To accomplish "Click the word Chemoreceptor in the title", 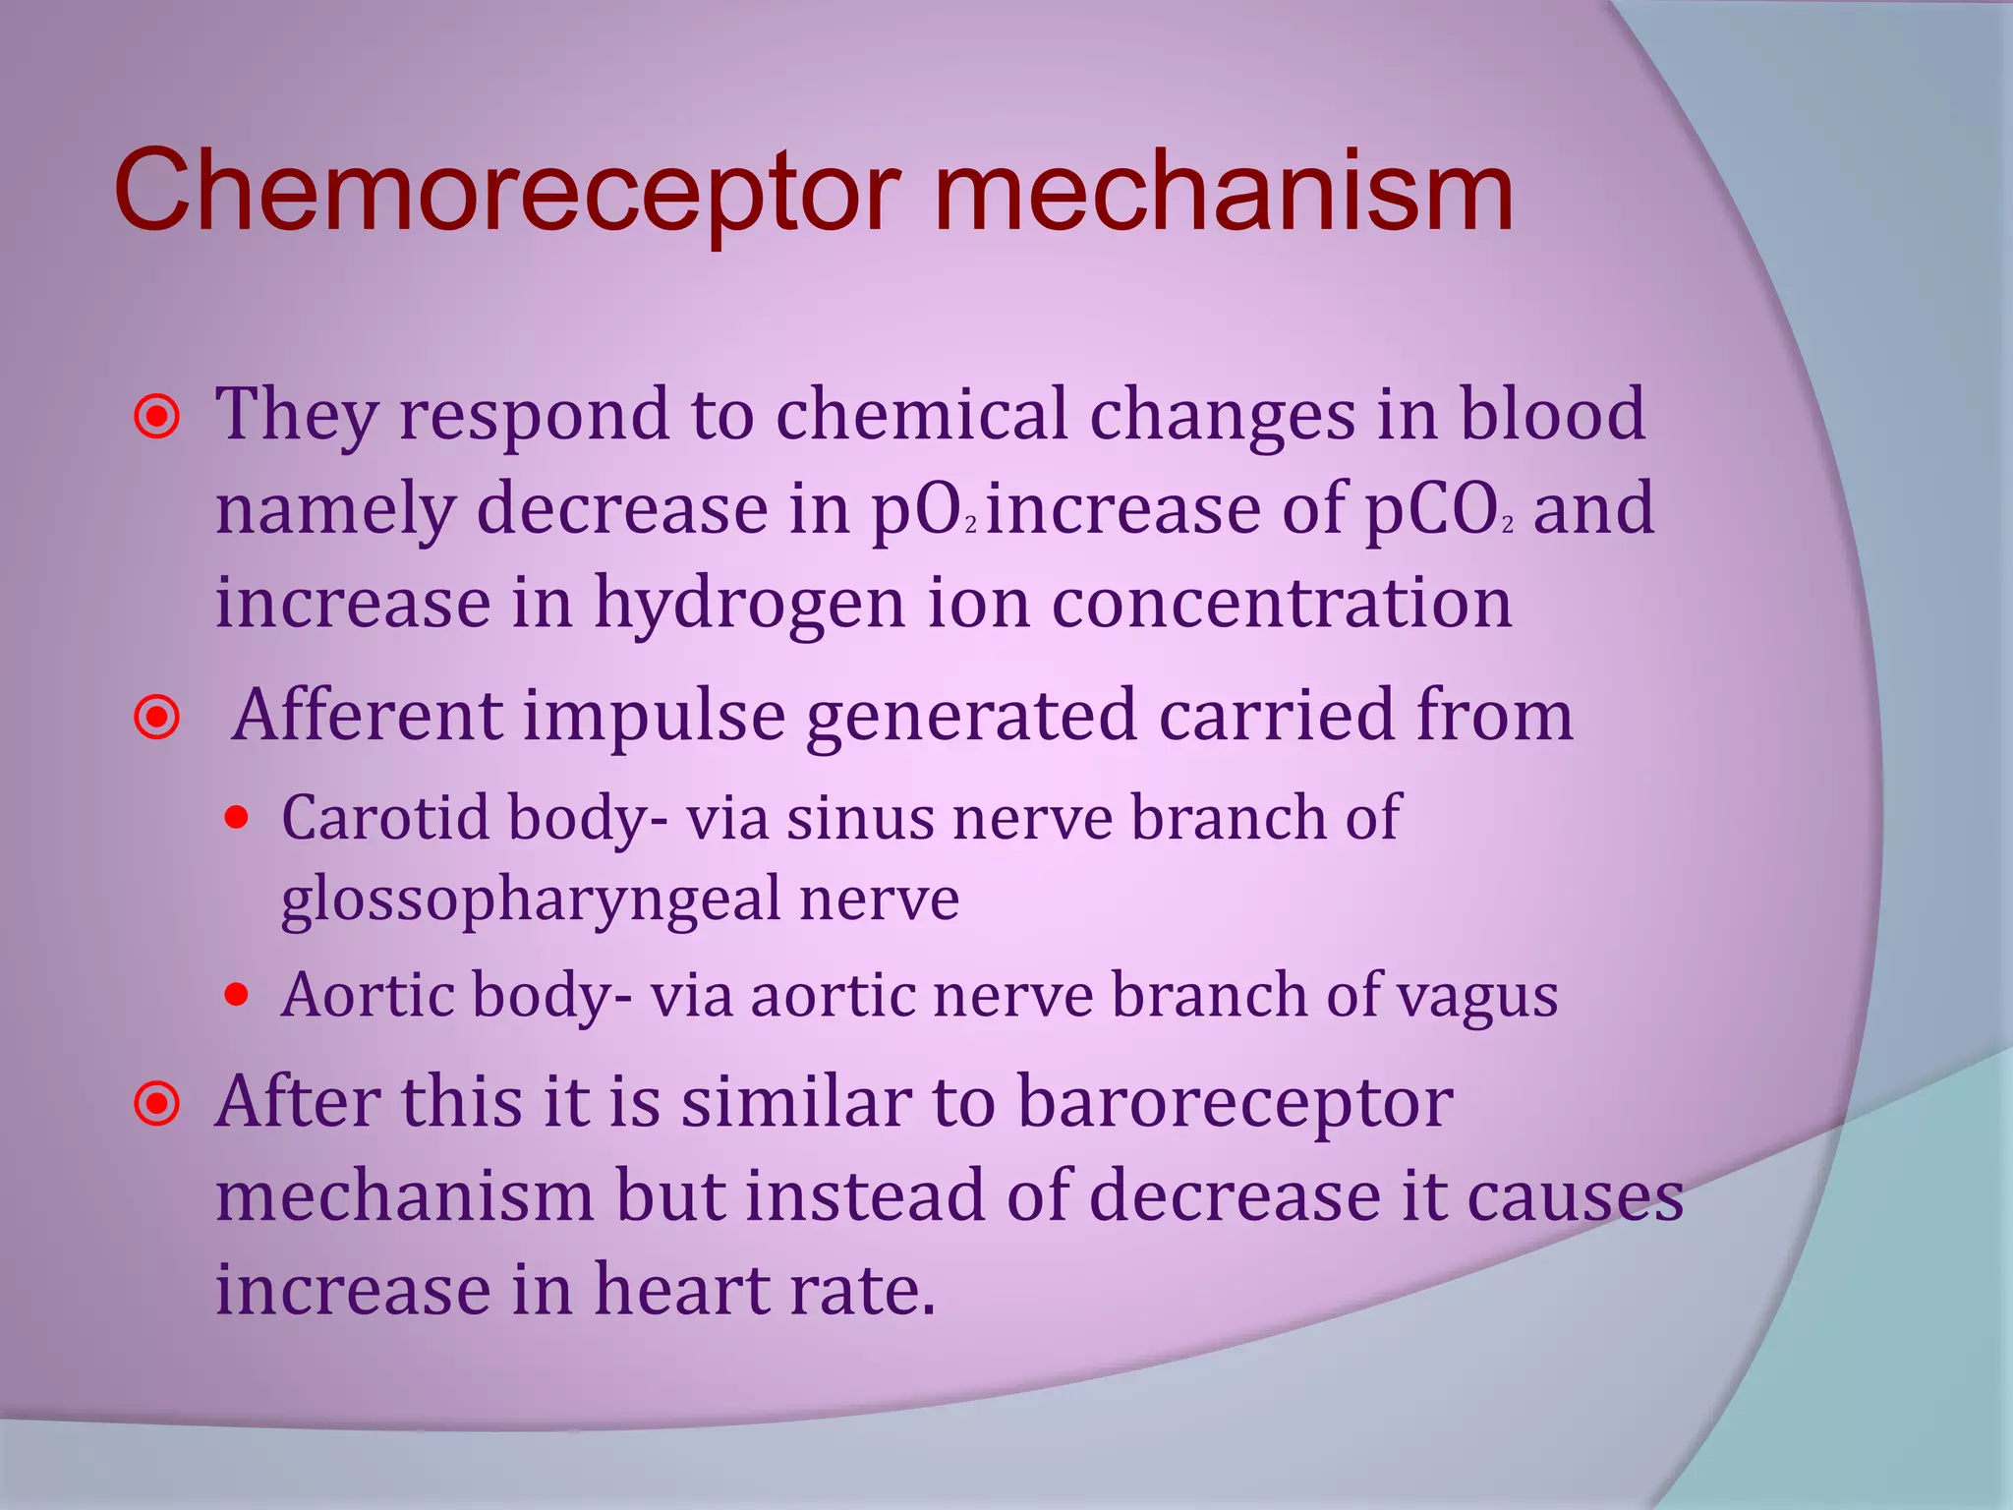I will [507, 192].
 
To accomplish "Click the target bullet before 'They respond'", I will [157, 417].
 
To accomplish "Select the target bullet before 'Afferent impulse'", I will [157, 718].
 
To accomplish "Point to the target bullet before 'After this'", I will [157, 1104].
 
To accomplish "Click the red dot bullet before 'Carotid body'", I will [236, 817].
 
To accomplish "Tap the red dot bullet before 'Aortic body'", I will [236, 995].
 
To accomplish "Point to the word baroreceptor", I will [1235, 1102].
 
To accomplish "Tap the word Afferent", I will [368, 715].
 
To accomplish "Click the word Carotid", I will [385, 817].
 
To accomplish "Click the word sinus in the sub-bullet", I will [860, 817].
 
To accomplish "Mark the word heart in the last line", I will [666, 1290].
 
